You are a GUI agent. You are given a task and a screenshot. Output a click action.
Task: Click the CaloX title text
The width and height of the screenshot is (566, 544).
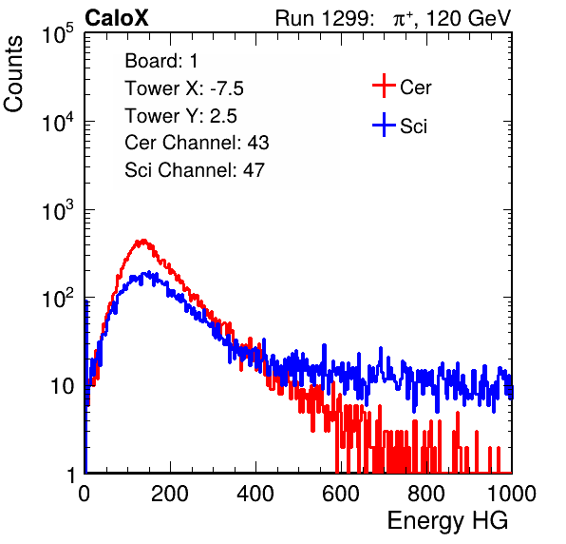[x=117, y=18]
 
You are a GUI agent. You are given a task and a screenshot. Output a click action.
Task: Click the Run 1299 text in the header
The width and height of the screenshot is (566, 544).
[x=324, y=18]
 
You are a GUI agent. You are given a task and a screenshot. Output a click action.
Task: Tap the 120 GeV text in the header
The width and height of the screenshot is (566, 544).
[x=469, y=18]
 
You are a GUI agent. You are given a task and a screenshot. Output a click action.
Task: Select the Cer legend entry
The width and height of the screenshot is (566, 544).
[x=402, y=86]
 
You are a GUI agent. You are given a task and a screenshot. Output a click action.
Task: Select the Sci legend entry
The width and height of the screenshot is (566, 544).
[x=400, y=126]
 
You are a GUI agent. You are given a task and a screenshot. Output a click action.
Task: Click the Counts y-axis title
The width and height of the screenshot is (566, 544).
[x=13, y=73]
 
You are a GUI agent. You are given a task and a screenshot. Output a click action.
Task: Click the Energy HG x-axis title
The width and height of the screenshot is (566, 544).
[x=447, y=520]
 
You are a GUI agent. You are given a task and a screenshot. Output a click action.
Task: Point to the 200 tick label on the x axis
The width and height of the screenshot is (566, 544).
[x=170, y=494]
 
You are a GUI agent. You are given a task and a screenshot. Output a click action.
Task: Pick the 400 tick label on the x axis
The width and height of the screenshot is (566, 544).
[x=255, y=494]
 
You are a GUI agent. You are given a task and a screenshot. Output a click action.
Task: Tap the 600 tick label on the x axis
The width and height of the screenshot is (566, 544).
[x=341, y=494]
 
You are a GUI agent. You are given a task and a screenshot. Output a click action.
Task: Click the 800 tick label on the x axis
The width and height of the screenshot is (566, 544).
[x=426, y=494]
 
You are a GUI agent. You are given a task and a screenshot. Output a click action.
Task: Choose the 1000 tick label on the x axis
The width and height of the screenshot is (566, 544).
[x=512, y=494]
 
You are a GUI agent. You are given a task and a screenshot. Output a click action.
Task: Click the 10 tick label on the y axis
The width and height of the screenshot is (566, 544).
[x=63, y=386]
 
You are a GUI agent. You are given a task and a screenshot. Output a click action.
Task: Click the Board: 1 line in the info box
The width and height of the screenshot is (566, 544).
[x=161, y=61]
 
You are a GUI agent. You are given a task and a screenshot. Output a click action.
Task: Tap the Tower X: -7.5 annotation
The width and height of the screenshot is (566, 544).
[x=184, y=88]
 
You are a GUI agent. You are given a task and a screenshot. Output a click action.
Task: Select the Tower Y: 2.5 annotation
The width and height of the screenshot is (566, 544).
[x=180, y=116]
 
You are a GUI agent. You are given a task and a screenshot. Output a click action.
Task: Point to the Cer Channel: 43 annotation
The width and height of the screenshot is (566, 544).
[x=197, y=143]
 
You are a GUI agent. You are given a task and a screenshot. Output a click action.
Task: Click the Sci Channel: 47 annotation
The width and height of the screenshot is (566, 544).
[x=195, y=170]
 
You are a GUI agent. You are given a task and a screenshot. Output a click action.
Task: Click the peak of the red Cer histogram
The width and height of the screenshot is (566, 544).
[x=143, y=241]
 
